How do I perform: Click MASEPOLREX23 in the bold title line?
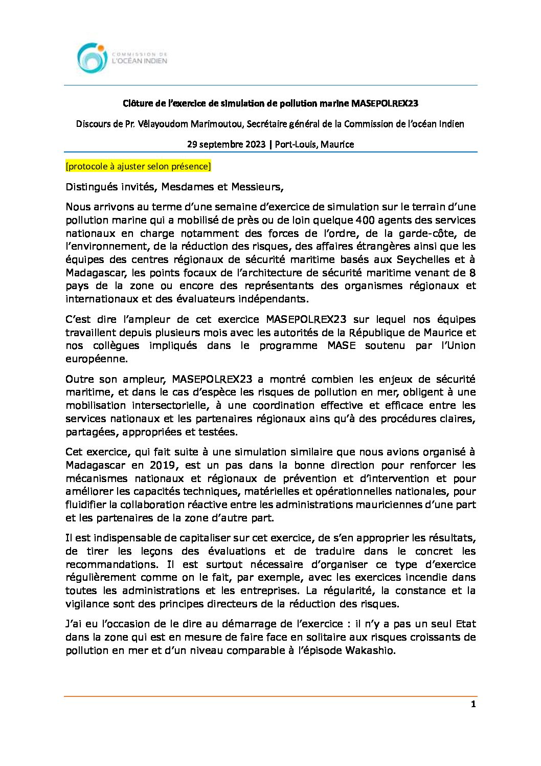tap(384, 103)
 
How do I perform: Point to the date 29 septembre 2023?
tap(226, 144)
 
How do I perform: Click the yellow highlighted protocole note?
tap(138, 166)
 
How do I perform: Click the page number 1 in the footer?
tap(473, 705)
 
